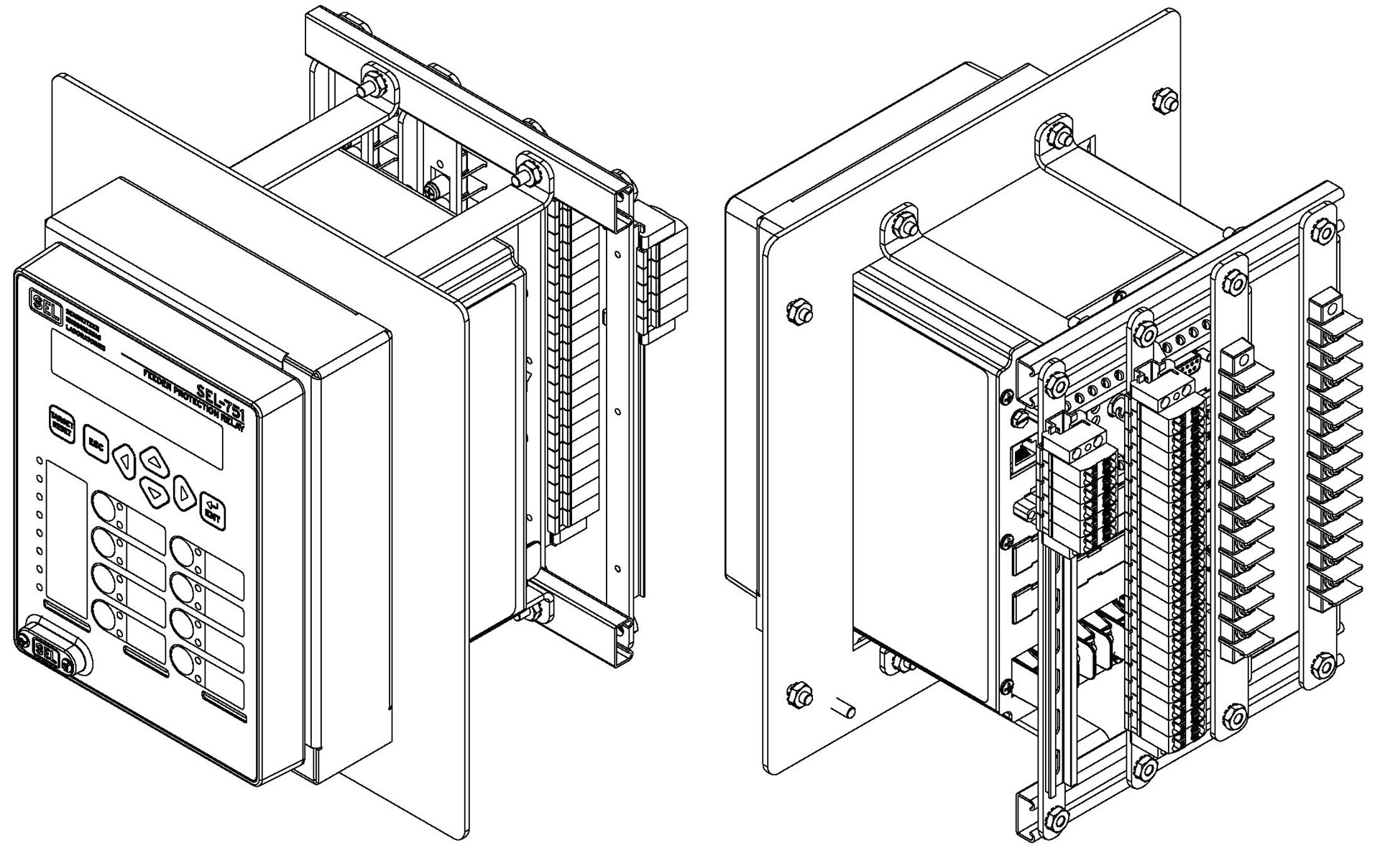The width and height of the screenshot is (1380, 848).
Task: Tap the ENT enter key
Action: (213, 510)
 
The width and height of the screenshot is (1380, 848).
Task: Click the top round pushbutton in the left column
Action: (104, 507)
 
